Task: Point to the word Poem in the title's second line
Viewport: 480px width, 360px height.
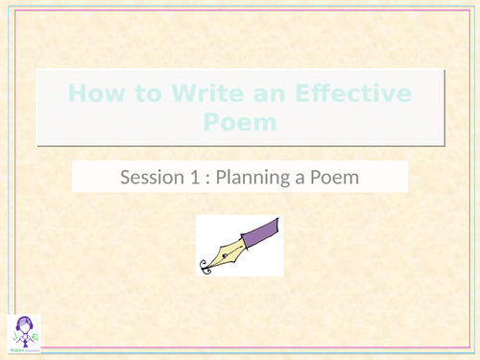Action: click(240, 122)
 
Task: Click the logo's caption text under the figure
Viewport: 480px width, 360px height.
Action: click(22, 350)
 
